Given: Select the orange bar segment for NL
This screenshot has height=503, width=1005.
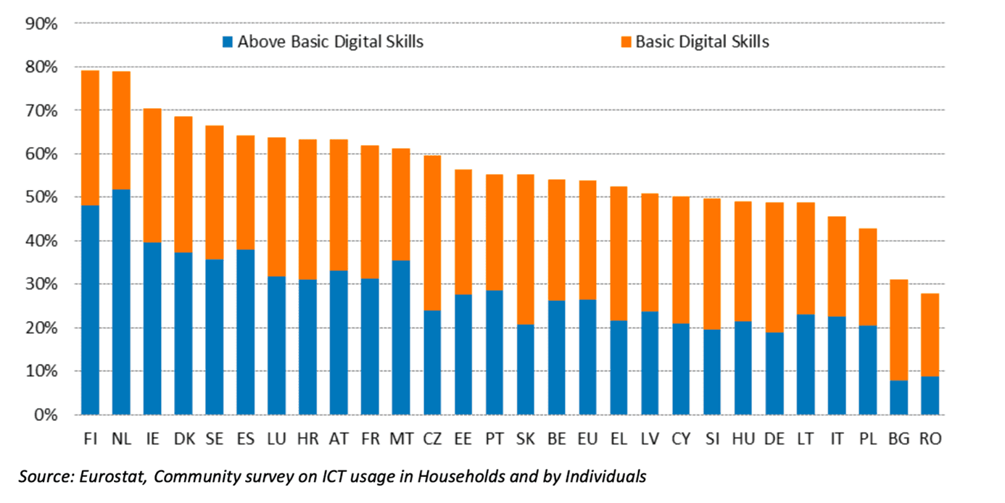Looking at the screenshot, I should click(x=121, y=130).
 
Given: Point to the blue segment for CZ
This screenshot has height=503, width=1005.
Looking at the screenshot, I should click(x=432, y=362).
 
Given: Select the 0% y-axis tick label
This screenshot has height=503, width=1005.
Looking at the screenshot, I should click(x=45, y=415).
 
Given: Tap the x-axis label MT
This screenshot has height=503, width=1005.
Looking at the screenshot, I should click(x=401, y=439).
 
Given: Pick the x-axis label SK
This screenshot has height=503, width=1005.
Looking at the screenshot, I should click(x=526, y=439).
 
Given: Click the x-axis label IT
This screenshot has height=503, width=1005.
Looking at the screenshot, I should click(x=837, y=439).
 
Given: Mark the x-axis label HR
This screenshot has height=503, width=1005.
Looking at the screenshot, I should click(x=307, y=439).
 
